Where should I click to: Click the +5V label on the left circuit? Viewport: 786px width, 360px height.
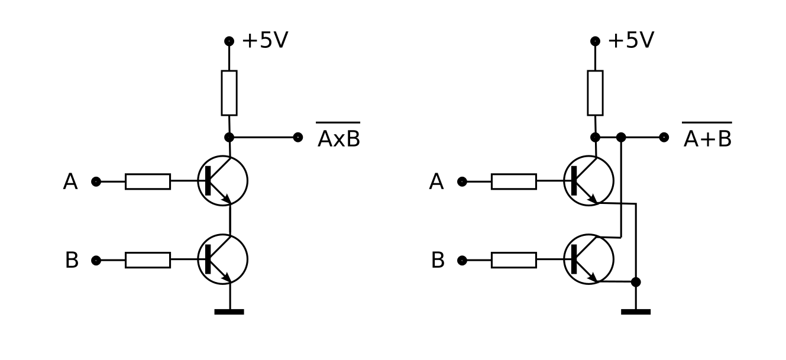(x=265, y=40)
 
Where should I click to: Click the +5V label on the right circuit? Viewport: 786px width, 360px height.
(x=631, y=40)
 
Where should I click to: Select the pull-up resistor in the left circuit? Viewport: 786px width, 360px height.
(x=229, y=93)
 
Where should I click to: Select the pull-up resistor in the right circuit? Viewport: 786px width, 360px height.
(x=595, y=93)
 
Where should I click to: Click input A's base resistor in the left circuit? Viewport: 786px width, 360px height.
(x=148, y=181)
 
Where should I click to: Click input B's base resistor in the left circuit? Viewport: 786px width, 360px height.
(x=148, y=260)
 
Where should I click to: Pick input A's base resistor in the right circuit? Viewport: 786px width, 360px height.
(x=514, y=181)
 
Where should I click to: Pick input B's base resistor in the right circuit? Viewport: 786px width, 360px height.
(x=514, y=260)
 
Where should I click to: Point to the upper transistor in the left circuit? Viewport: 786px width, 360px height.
(x=223, y=181)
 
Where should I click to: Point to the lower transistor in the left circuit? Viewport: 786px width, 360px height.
(x=223, y=260)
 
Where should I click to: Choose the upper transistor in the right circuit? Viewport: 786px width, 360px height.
(x=589, y=181)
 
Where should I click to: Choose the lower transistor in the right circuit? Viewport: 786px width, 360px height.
(x=589, y=260)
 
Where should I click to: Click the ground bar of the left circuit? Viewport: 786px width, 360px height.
(x=229, y=312)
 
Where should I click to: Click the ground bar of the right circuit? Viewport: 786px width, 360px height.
(x=636, y=312)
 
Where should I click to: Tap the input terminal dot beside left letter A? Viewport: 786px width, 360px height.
(x=96, y=181)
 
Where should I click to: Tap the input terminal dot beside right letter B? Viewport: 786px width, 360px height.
(x=462, y=260)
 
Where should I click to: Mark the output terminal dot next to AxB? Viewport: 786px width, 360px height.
(x=298, y=137)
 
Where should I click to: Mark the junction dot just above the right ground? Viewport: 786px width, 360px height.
(x=636, y=282)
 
